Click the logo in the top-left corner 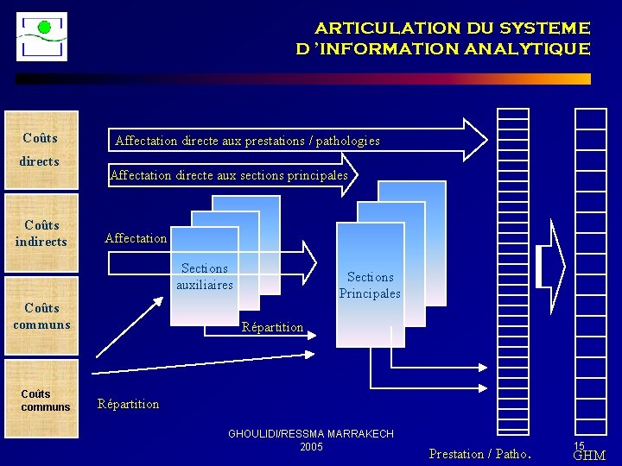[41, 36]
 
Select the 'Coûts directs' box [41, 149]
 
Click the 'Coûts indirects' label [41, 233]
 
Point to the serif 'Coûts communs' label [41, 316]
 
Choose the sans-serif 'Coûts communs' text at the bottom [46, 400]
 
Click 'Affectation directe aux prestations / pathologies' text [247, 141]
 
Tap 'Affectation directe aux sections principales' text [229, 175]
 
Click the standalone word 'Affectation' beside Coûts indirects [136, 238]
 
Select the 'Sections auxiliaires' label [205, 276]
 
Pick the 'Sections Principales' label [370, 285]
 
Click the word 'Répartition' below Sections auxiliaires [272, 327]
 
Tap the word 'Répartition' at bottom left [129, 404]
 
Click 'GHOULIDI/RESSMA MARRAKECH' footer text [310, 434]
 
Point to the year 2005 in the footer [311, 446]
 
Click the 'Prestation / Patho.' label [480, 454]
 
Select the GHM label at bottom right [589, 456]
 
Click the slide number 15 [579, 445]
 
